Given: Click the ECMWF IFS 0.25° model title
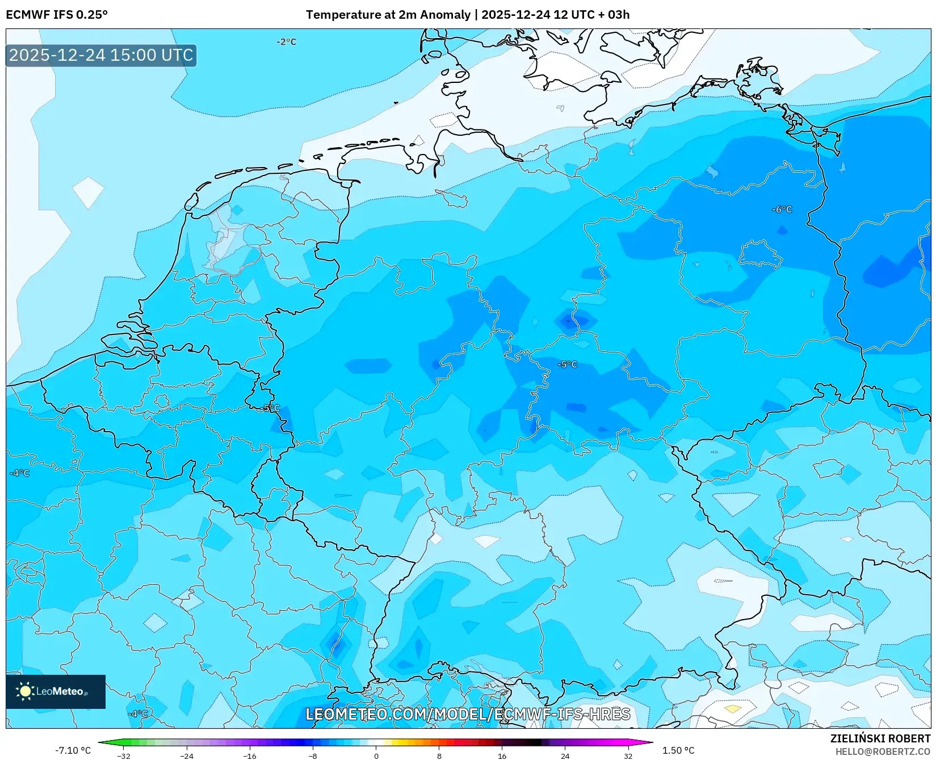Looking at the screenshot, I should click(x=57, y=15).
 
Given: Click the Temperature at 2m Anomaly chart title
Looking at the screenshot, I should click(x=467, y=15).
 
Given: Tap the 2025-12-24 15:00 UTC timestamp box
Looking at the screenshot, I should click(x=101, y=55).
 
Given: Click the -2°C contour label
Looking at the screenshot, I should click(x=286, y=42).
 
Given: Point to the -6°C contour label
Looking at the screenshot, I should click(x=782, y=210).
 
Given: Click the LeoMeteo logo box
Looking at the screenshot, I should click(x=56, y=691).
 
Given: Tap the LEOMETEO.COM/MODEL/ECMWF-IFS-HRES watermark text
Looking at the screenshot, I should click(x=468, y=714).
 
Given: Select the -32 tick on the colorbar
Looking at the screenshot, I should click(x=124, y=755).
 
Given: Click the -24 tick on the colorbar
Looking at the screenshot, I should click(x=187, y=755).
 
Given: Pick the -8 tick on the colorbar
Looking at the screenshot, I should click(x=313, y=755).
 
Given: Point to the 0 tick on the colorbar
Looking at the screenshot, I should click(x=376, y=755).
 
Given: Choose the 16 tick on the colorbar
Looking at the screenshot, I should click(x=502, y=755).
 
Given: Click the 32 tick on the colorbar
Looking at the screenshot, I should click(x=628, y=755).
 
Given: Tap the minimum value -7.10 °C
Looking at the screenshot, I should click(x=73, y=750).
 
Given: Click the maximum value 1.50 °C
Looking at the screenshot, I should click(x=678, y=750).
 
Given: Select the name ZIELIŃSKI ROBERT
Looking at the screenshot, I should click(x=880, y=739).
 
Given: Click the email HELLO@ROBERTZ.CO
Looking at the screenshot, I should click(x=883, y=751).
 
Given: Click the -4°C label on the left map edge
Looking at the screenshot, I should click(x=20, y=473).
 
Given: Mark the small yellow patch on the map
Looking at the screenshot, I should click(x=733, y=709).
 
